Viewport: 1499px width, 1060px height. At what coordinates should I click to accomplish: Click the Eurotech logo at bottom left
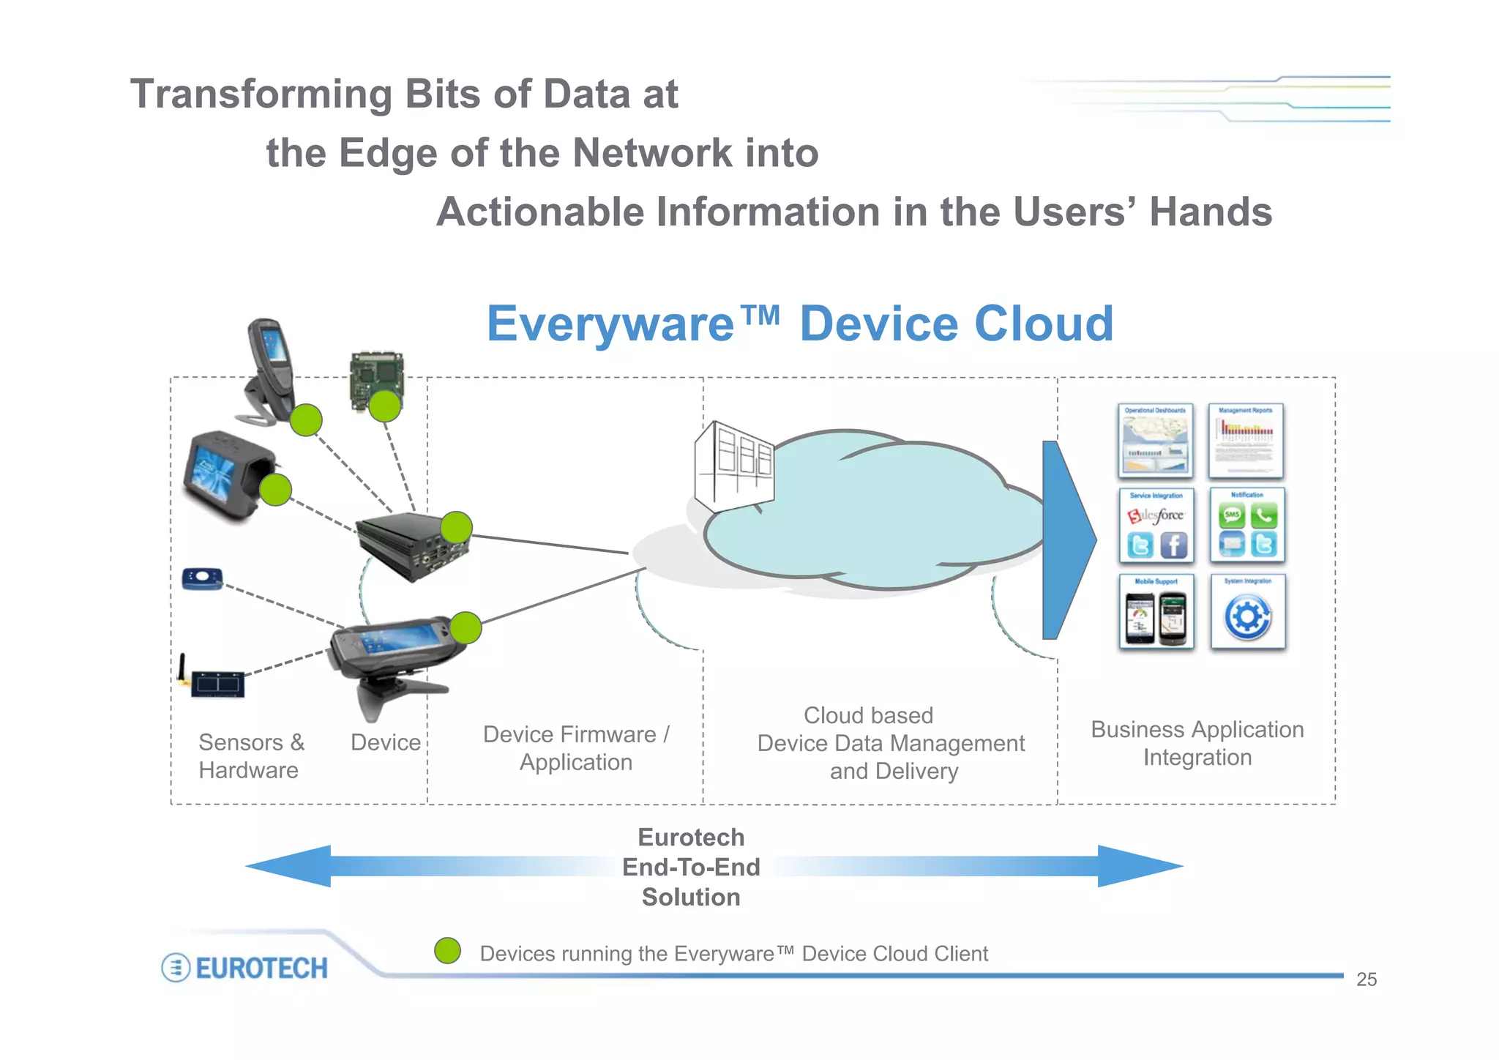tap(244, 968)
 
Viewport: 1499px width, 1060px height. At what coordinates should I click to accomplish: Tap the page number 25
tap(1366, 979)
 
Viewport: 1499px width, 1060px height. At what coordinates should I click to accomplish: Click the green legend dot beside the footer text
tap(447, 951)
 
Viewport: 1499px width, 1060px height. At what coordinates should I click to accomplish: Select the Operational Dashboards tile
tap(1156, 441)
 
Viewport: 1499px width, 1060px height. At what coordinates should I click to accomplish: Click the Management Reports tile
tap(1246, 441)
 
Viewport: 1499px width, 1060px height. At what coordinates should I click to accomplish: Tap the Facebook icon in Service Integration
tap(1173, 545)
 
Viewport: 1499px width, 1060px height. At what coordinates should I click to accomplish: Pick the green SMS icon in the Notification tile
tap(1232, 515)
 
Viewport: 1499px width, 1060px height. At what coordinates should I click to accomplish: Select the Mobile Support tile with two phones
tap(1156, 613)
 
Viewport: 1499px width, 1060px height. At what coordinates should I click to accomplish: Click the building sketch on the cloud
tap(733, 466)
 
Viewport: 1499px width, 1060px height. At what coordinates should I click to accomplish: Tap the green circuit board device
tap(375, 381)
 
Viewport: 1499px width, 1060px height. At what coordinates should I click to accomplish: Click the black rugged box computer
tap(412, 545)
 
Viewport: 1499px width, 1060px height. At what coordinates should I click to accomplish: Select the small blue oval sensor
tap(202, 579)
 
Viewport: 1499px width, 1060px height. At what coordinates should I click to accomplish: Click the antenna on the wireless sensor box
tap(182, 668)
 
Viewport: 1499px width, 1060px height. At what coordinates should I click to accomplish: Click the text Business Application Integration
tap(1197, 743)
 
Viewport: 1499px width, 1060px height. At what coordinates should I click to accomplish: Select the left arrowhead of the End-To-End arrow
tap(289, 866)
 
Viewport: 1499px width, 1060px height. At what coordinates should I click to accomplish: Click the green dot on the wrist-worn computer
tap(276, 490)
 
